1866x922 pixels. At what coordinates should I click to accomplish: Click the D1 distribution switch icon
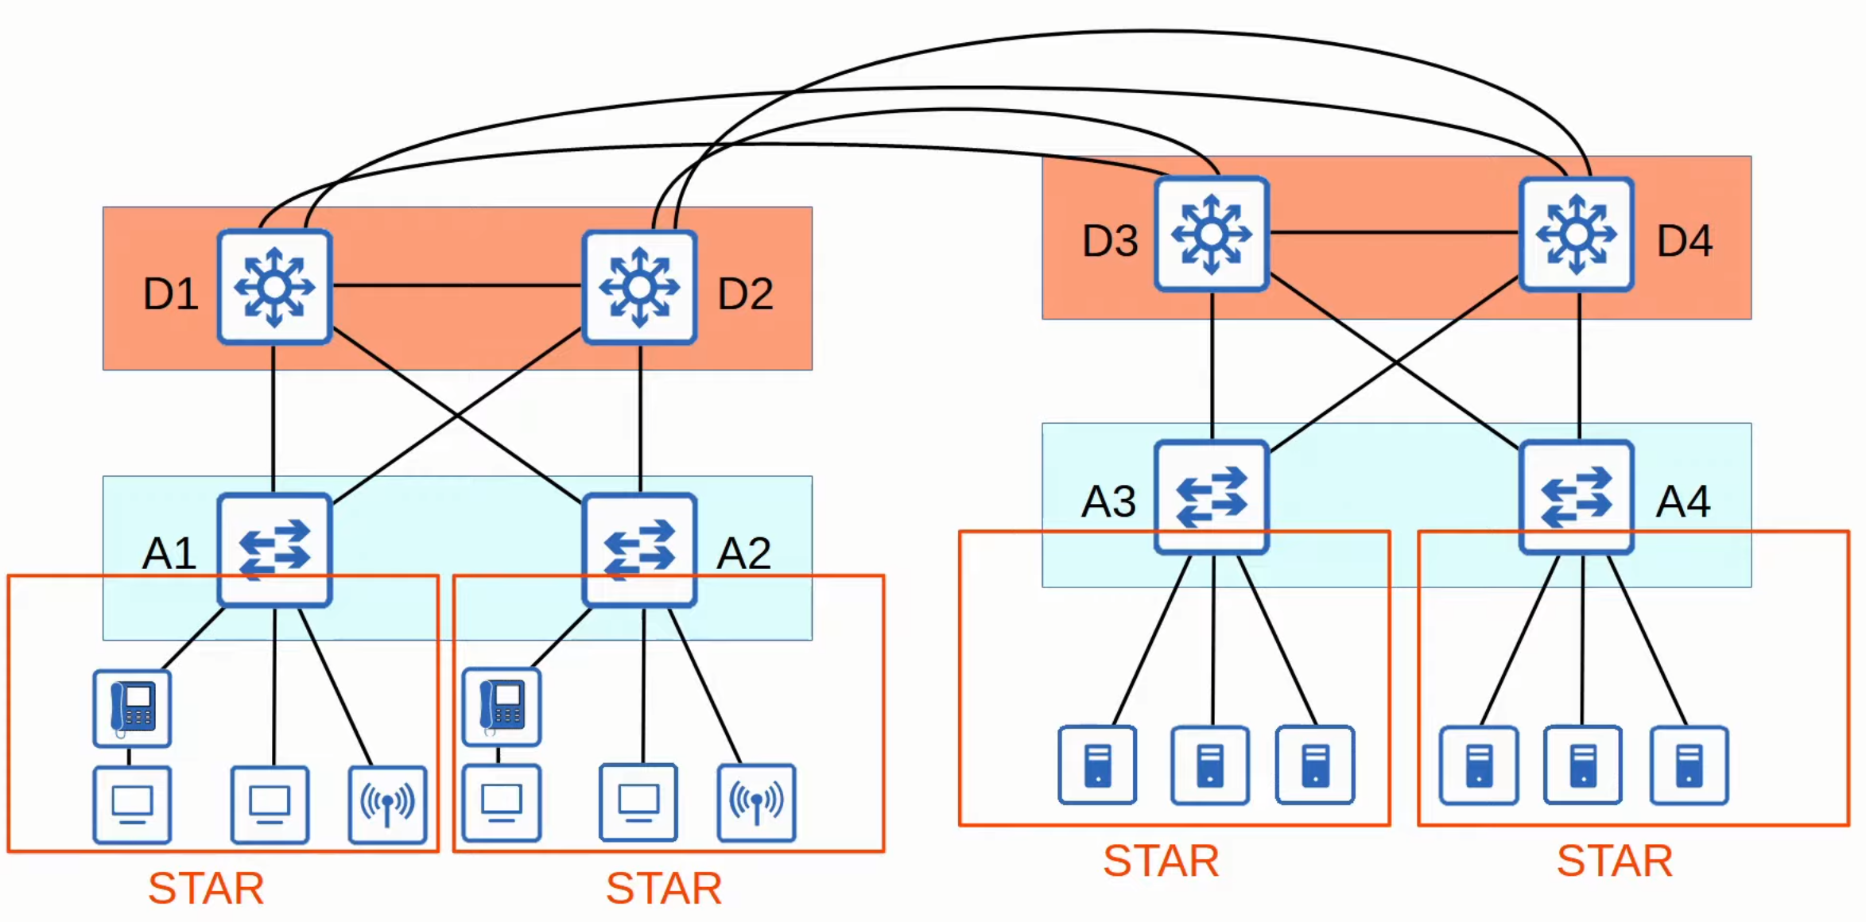(x=274, y=287)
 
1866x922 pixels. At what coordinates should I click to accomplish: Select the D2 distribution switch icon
(x=639, y=287)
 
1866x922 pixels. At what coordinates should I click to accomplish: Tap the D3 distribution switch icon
(x=1212, y=234)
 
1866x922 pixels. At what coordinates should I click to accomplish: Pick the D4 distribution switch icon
(x=1577, y=234)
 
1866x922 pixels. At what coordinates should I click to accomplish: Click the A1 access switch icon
(x=274, y=550)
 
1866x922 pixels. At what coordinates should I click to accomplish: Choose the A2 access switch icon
(x=639, y=550)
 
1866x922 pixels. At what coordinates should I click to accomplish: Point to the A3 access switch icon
(x=1212, y=497)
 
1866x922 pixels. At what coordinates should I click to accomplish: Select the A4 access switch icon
(x=1577, y=497)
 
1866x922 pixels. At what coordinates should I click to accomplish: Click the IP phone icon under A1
(x=132, y=708)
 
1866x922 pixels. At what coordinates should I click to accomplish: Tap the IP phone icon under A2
(x=502, y=707)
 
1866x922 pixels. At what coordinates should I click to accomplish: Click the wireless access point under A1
(x=387, y=804)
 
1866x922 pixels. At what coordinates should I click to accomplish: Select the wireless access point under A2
(x=756, y=802)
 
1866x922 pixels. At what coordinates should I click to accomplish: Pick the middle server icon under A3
(x=1210, y=765)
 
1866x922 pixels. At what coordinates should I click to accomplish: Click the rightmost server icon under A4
(x=1689, y=765)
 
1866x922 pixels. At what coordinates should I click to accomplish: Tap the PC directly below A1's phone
(x=132, y=804)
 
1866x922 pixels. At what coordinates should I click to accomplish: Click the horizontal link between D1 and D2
(x=456, y=285)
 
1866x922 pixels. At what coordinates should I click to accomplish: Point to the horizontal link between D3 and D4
(x=1394, y=232)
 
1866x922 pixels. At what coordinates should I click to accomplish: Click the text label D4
(x=1684, y=241)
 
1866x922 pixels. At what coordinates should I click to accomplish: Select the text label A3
(x=1108, y=502)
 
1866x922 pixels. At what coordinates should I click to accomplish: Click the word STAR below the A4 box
(x=1614, y=861)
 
